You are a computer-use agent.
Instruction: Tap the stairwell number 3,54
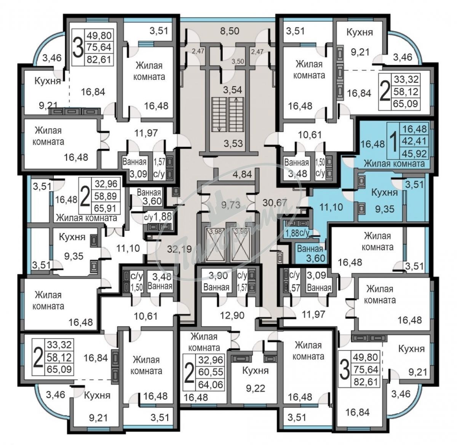pos(232,90)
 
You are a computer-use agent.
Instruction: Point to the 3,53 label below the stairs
pos(233,144)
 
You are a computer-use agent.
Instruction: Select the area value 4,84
pos(242,174)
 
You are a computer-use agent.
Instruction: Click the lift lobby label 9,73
pos(231,205)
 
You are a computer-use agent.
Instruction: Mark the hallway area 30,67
pos(275,203)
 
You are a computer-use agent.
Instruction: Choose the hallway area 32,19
pos(179,249)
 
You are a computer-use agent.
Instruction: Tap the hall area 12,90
pos(233,315)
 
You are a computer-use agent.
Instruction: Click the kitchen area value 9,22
pos(256,388)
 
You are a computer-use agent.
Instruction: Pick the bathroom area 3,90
pos(218,276)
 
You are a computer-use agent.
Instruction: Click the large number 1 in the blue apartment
pos(394,141)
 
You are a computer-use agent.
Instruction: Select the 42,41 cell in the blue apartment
pos(415,141)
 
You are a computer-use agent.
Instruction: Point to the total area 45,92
pos(415,153)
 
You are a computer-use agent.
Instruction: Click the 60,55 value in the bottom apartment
pos(211,372)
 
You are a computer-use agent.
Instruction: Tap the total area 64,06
pos(211,384)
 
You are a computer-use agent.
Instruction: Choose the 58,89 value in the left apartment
pos(105,196)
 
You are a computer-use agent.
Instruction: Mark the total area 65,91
pos(105,208)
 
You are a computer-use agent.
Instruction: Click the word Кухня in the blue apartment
pos(384,193)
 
